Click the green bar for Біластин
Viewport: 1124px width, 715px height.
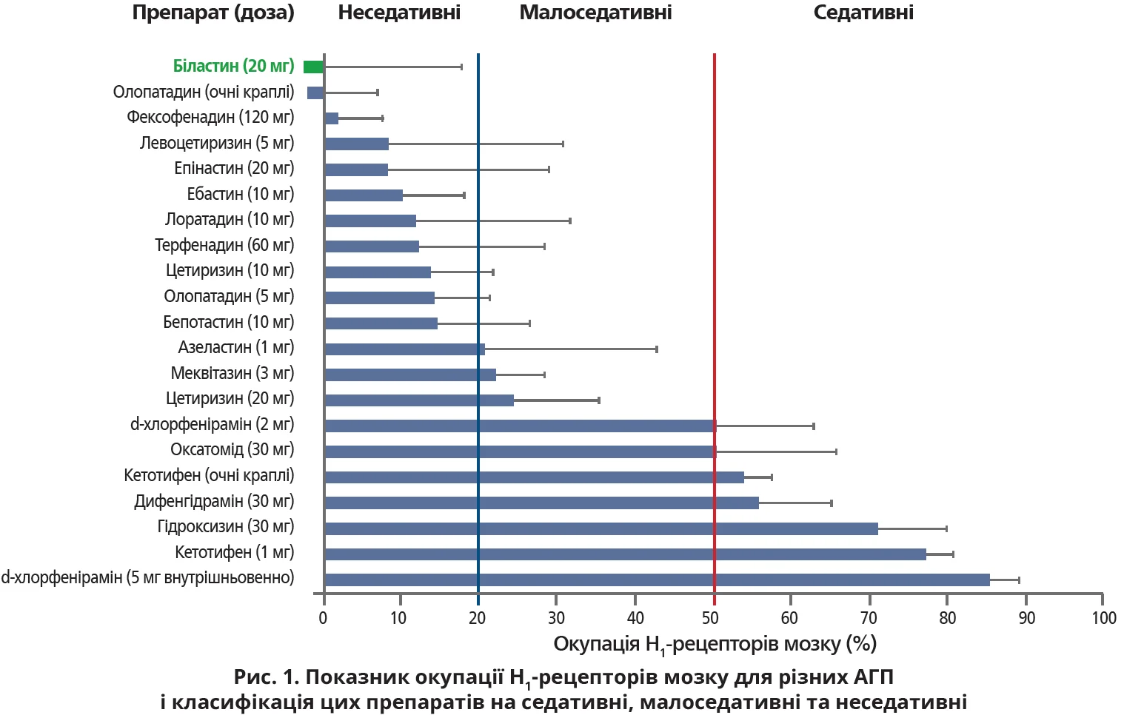314,67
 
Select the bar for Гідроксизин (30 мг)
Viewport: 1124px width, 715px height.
601,528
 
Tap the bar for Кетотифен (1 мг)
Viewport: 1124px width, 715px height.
625,554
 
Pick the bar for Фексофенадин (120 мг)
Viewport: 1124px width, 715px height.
332,118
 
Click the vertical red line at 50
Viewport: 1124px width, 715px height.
715,222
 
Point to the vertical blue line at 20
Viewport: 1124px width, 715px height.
478,222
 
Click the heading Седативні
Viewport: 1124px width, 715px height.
863,13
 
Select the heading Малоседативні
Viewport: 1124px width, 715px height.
595,13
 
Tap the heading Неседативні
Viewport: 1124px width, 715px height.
399,13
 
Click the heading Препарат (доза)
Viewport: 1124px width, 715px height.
213,13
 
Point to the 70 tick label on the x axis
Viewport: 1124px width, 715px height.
869,619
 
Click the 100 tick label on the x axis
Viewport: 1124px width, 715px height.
1103,619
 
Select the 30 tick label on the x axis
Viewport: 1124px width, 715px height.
556,619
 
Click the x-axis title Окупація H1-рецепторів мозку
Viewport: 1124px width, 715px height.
715,645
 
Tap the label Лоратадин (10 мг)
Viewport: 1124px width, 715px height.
230,220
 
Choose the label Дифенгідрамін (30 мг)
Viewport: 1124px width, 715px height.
214,502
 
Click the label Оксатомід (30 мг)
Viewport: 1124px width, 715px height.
232,450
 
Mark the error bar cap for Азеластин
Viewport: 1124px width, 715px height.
657,349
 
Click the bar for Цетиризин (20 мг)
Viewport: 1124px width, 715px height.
419,400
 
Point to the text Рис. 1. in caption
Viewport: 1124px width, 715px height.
266,677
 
